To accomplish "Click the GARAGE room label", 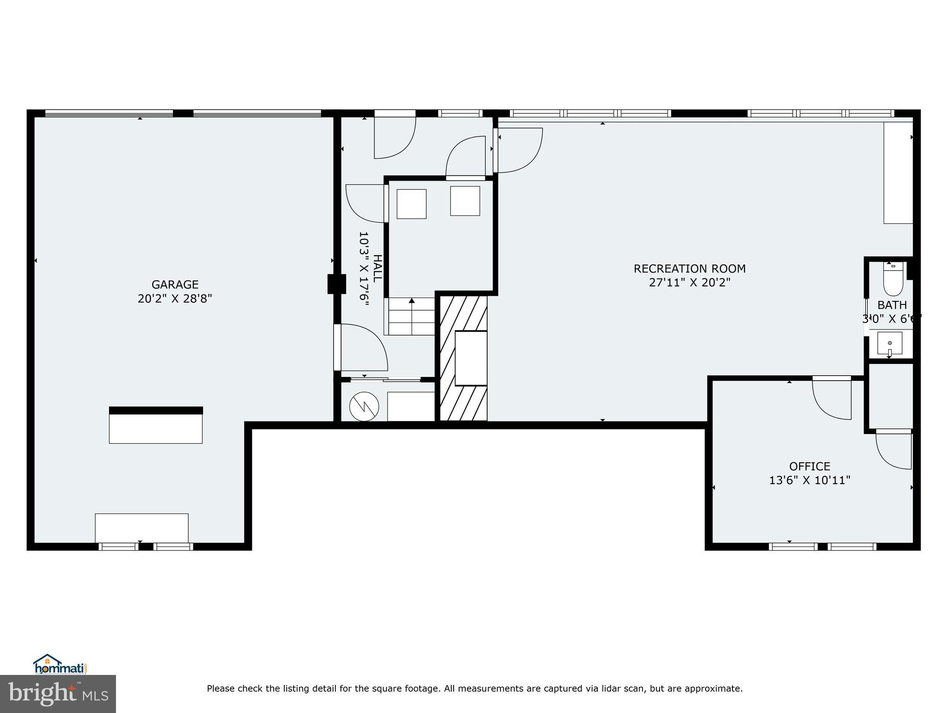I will click(175, 285).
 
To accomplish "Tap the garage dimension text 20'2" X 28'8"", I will click(175, 298).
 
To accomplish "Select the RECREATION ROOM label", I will click(689, 269).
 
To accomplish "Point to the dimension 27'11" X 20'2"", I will click(689, 283).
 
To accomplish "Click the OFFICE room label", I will click(809, 466).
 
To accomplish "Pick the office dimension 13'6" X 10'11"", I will click(809, 480).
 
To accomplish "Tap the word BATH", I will click(892, 305).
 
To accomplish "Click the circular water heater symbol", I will click(364, 407).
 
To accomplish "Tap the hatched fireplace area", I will click(463, 358).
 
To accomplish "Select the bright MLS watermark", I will click(58, 693).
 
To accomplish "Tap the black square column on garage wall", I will click(337, 284).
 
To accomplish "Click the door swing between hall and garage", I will click(362, 348).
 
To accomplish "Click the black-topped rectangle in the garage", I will click(156, 425).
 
